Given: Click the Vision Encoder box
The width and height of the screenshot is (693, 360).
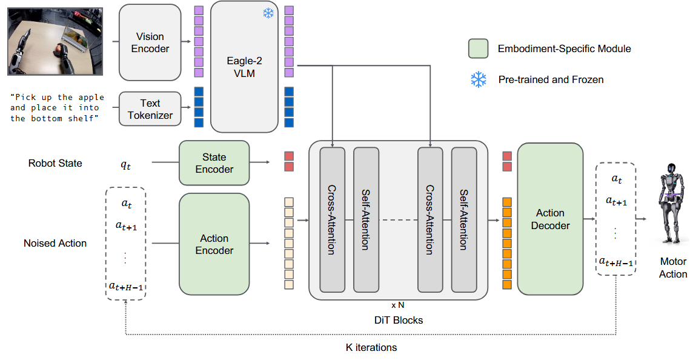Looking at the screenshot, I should (x=150, y=42).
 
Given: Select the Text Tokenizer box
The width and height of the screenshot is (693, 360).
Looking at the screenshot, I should (x=150, y=109).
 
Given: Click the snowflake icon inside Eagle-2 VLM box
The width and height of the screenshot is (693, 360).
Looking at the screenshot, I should (x=268, y=13).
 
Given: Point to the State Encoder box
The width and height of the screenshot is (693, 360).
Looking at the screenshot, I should (x=214, y=163).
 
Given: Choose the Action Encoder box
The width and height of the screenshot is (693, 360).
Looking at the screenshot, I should (x=214, y=244).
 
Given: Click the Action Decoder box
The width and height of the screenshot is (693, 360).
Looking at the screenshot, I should (x=550, y=219).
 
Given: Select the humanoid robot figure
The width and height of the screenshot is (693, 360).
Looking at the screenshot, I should (x=672, y=206).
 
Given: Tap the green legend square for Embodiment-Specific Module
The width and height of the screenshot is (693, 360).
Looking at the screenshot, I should (x=478, y=48).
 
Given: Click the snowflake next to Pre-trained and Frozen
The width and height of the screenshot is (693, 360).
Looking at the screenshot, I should (x=478, y=79).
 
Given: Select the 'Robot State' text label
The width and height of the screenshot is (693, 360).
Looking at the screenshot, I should (x=55, y=163).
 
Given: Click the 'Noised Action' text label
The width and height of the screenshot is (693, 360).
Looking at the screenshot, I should (x=55, y=243).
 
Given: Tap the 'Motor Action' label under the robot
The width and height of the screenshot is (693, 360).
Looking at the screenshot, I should (x=672, y=268).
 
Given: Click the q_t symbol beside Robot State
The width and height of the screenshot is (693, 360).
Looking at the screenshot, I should (x=126, y=164).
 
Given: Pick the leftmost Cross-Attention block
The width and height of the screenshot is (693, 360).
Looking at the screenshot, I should (x=332, y=219).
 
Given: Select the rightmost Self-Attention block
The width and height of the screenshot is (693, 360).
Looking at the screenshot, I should (x=464, y=219).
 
